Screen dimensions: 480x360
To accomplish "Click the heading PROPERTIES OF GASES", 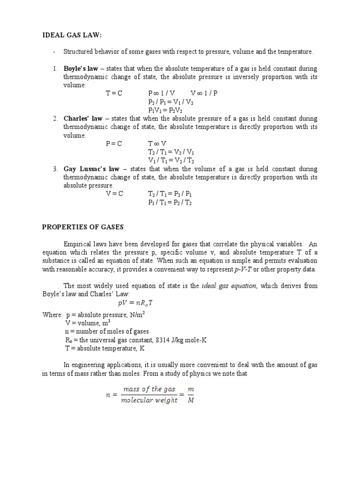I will point(82,227).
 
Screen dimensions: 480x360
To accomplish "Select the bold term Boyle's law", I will point(81,68).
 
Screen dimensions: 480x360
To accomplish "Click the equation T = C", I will point(113,93).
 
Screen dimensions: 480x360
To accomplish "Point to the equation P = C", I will point(113,143).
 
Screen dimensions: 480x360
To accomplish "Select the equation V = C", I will point(113,194).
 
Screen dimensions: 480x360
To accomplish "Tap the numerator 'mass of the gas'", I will point(149,389).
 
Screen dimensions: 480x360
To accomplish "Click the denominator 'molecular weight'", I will point(150,401).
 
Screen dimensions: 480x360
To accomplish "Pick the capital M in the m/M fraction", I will point(190,401).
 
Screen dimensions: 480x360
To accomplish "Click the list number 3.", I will point(55,169).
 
